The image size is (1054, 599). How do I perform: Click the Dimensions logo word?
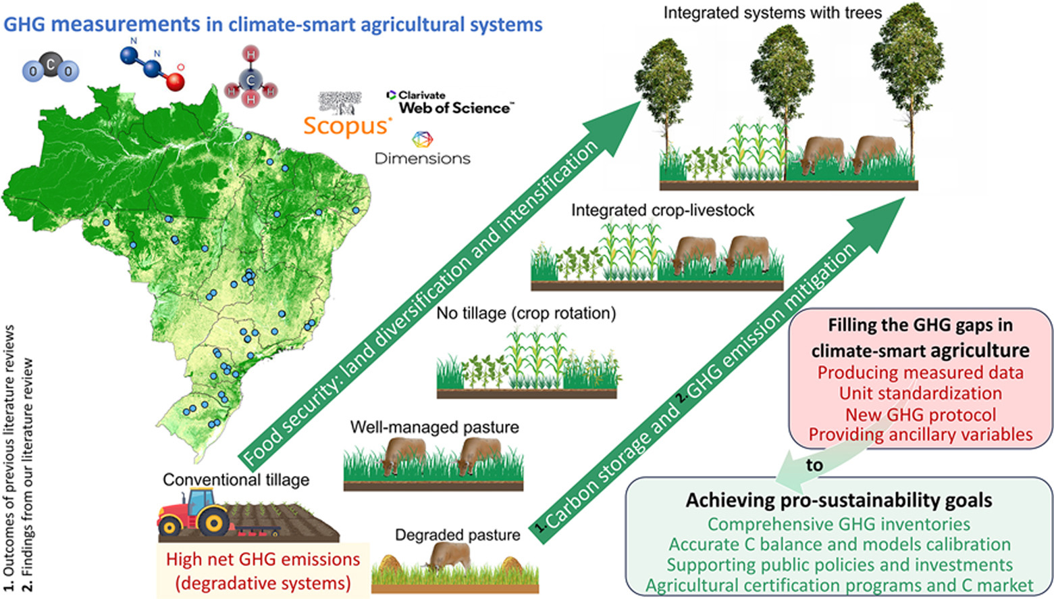423,158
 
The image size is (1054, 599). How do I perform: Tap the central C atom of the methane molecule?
251,80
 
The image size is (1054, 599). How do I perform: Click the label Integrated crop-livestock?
662,210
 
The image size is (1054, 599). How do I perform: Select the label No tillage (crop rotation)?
526,314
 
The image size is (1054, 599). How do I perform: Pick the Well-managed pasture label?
434,427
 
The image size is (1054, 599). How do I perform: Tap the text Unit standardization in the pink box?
920,393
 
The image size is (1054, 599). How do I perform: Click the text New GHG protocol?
920,414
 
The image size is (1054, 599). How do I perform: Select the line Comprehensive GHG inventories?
839,524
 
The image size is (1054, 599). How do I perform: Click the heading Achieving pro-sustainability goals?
839,500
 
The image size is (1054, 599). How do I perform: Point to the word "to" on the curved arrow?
814,466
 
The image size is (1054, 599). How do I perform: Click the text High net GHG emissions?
263,559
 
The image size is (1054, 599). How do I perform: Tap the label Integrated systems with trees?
772,13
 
